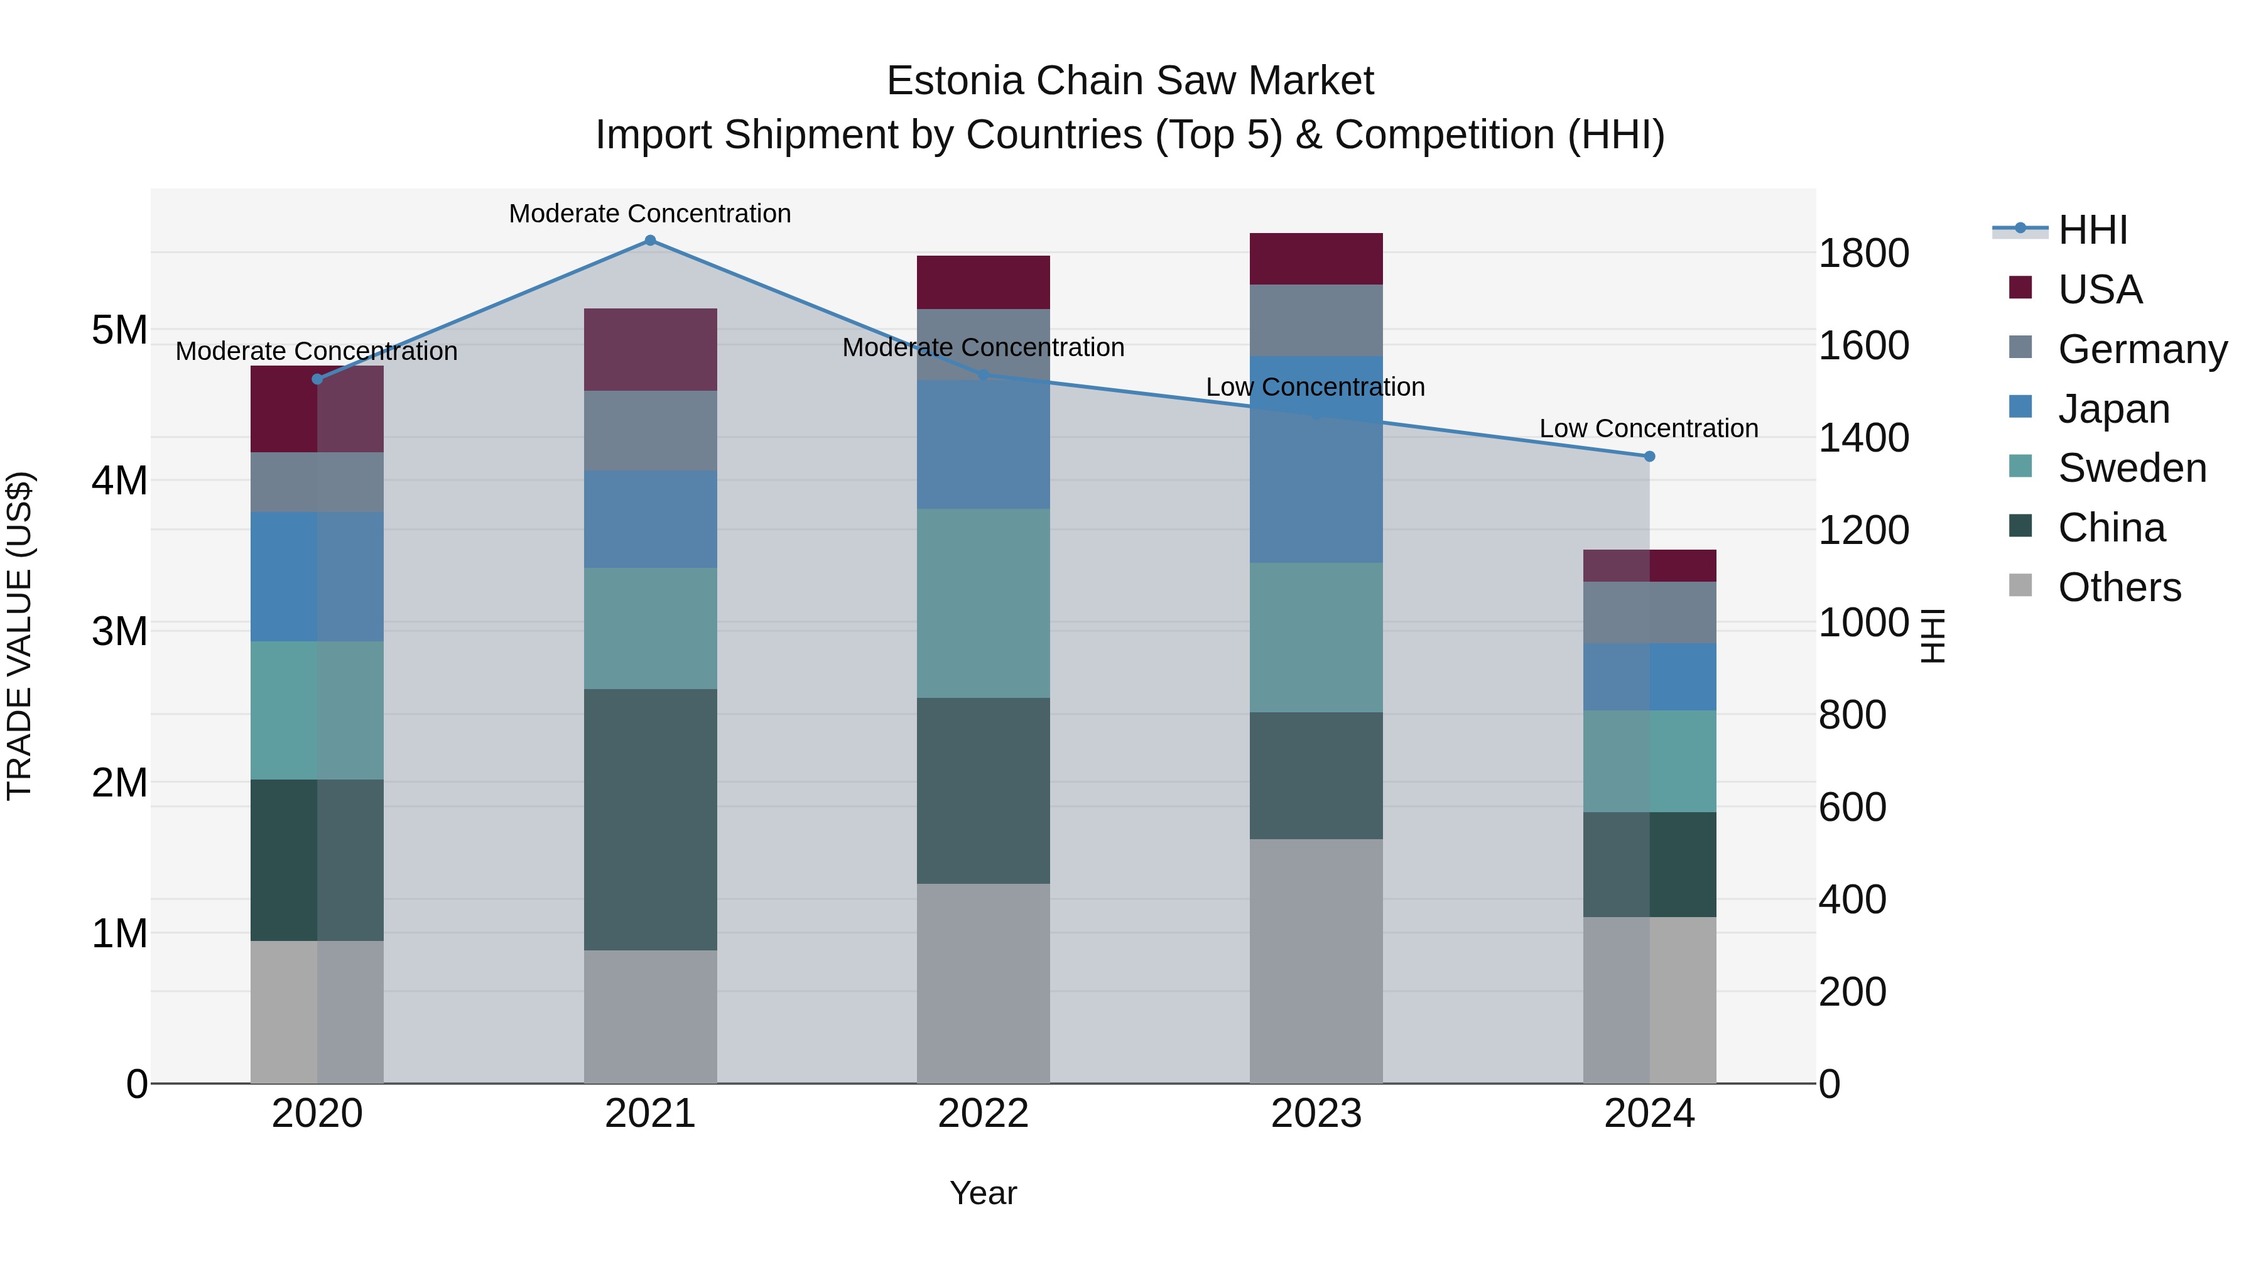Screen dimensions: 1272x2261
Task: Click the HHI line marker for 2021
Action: pos(651,241)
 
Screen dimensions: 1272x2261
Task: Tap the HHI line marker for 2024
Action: pos(1649,457)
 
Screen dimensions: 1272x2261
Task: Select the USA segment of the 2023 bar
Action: pos(1316,259)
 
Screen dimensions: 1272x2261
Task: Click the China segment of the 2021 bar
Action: pos(651,819)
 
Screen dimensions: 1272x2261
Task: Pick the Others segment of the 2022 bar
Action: pos(983,983)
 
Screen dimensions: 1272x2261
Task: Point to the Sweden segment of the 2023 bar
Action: pos(1316,638)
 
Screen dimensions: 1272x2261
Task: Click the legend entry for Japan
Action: pos(2113,409)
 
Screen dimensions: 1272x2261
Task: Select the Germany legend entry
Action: pos(2142,349)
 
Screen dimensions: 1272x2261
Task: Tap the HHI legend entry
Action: pos(2093,230)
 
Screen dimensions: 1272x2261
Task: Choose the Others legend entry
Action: pos(2119,587)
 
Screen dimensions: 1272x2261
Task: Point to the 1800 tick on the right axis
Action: pos(1863,254)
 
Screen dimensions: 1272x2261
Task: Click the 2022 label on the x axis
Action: pos(983,1114)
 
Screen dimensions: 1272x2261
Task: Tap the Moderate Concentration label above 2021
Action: pos(651,214)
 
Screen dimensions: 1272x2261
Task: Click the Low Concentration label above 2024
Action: pos(1649,428)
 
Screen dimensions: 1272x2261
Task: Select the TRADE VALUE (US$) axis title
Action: pos(19,636)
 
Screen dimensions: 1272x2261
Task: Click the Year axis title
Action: pos(983,1193)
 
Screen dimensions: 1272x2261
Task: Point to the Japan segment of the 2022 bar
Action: pos(983,444)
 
